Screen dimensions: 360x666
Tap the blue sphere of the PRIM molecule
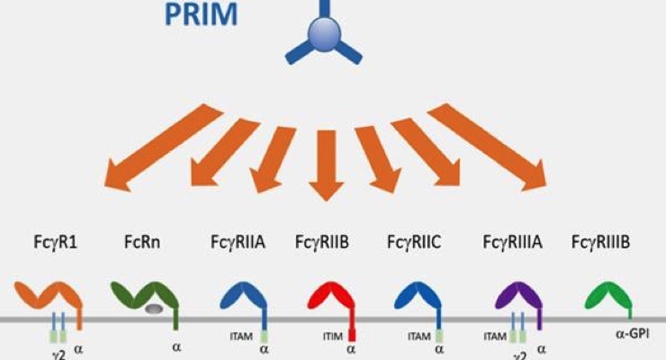coord(323,39)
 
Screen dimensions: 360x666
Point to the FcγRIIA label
coord(237,242)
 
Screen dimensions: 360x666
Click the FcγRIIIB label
coord(600,242)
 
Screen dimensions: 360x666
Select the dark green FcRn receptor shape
coord(144,294)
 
